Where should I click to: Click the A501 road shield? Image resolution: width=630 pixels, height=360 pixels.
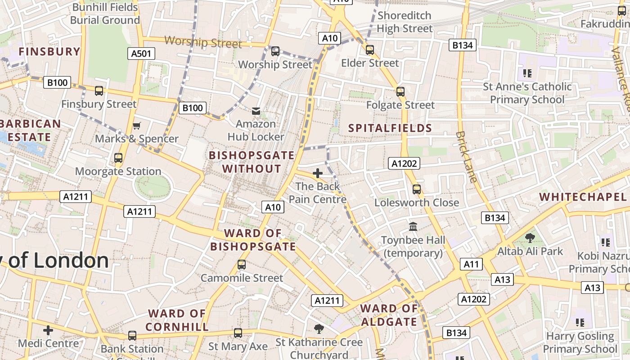pyautogui.click(x=141, y=54)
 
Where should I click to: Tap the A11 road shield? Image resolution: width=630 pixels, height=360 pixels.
pyautogui.click(x=471, y=264)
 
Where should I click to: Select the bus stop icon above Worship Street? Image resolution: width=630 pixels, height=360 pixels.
pyautogui.click(x=275, y=51)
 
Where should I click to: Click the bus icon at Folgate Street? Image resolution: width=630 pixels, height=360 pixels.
pyautogui.click(x=400, y=92)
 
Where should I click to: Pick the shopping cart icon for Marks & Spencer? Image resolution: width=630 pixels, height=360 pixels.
pyautogui.click(x=136, y=126)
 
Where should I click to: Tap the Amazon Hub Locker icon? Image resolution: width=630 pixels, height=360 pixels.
pyautogui.click(x=256, y=111)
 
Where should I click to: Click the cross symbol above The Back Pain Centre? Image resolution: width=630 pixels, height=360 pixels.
pyautogui.click(x=318, y=173)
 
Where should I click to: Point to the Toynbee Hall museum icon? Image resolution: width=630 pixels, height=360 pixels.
pyautogui.click(x=413, y=226)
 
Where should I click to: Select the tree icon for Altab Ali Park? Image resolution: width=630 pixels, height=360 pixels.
pyautogui.click(x=530, y=238)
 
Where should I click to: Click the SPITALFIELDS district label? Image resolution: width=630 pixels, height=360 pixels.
pyautogui.click(x=390, y=128)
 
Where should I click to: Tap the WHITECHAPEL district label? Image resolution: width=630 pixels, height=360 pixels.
pyautogui.click(x=583, y=197)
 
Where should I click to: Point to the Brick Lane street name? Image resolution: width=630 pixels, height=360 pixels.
pyautogui.click(x=465, y=157)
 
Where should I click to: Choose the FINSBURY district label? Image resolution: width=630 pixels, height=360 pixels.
pyautogui.click(x=49, y=52)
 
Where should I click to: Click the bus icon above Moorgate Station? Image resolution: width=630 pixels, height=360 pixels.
pyautogui.click(x=118, y=158)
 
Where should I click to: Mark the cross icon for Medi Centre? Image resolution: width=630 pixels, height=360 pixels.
pyautogui.click(x=48, y=331)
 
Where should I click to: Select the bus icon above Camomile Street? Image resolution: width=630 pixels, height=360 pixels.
pyautogui.click(x=242, y=265)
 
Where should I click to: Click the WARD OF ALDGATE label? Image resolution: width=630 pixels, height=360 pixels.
pyautogui.click(x=389, y=315)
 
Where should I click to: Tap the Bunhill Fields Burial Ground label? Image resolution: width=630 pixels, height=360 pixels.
pyautogui.click(x=105, y=13)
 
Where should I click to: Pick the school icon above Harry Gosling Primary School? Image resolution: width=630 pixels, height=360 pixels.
pyautogui.click(x=580, y=322)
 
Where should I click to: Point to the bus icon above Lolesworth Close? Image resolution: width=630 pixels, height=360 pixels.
pyautogui.click(x=417, y=189)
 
